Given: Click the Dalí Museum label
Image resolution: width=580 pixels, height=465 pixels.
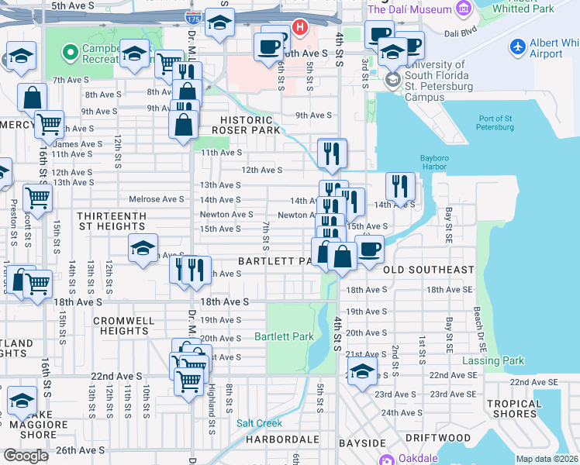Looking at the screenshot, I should (x=409, y=9).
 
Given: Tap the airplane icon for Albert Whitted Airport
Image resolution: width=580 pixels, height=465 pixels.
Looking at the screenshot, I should (x=519, y=46).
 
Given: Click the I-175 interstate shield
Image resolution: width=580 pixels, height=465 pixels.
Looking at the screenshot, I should (x=189, y=15).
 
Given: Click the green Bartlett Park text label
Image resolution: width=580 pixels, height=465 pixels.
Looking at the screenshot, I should (x=284, y=337).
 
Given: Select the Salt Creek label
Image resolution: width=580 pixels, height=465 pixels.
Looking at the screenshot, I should (x=259, y=423).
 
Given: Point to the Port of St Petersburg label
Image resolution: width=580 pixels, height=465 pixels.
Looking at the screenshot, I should (x=494, y=122).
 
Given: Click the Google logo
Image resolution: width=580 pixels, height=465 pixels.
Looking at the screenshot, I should (x=26, y=456).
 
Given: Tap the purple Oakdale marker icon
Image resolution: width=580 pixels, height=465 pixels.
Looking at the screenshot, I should (x=386, y=459).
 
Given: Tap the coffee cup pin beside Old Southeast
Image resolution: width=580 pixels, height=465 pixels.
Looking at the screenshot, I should (x=369, y=249).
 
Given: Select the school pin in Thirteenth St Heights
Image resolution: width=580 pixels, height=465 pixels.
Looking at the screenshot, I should (x=143, y=248).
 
